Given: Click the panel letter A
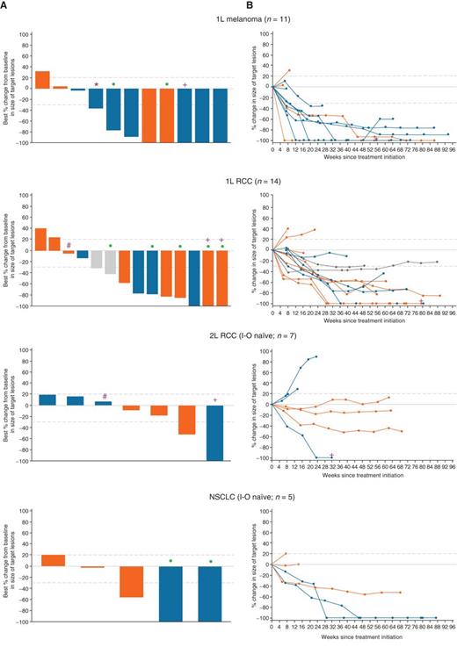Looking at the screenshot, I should coord(5,5).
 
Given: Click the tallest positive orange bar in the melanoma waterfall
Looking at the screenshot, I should coord(42,79).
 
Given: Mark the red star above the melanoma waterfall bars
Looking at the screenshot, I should coord(97,84).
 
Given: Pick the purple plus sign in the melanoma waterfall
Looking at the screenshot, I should coord(185,84).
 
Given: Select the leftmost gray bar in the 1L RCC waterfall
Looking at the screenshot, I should coord(97,259).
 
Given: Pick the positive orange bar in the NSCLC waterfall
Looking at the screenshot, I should coord(53,560).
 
